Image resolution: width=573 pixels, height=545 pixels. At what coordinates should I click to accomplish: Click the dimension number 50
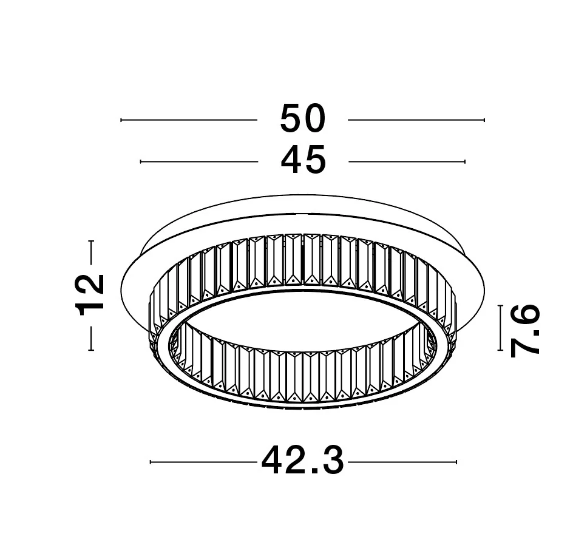pos(302,118)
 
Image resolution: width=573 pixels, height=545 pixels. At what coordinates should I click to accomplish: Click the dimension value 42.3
pos(303,461)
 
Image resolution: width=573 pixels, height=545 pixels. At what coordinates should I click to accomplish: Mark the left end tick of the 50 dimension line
pos(121,120)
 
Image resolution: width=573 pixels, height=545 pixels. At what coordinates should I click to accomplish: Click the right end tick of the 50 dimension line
pos(484,120)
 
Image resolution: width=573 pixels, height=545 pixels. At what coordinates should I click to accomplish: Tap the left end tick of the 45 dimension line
pos(141,161)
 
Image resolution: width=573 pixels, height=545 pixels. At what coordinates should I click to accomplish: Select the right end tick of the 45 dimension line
pos(465,161)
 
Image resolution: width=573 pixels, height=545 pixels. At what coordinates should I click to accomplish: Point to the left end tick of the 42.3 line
pos(151,462)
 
